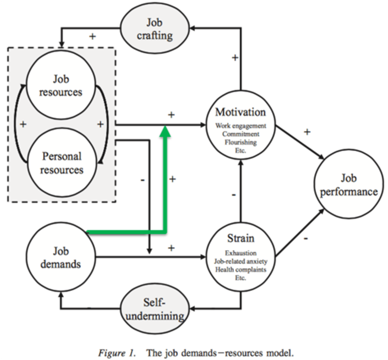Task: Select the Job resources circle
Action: [61, 85]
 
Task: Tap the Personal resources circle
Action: [62, 163]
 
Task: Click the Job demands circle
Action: [61, 257]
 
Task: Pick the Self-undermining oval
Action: [155, 309]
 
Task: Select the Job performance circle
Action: [348, 184]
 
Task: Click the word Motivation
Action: [240, 112]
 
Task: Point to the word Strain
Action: [241, 238]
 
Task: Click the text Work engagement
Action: [241, 126]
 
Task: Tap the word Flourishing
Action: [241, 142]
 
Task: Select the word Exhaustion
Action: [241, 253]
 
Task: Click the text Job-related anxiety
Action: [241, 261]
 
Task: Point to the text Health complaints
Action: [241, 269]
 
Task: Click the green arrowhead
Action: [164, 131]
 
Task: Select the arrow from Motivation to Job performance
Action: [300, 142]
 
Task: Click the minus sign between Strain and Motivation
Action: [234, 195]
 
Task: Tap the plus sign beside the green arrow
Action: [172, 179]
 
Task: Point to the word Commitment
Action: [241, 134]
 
